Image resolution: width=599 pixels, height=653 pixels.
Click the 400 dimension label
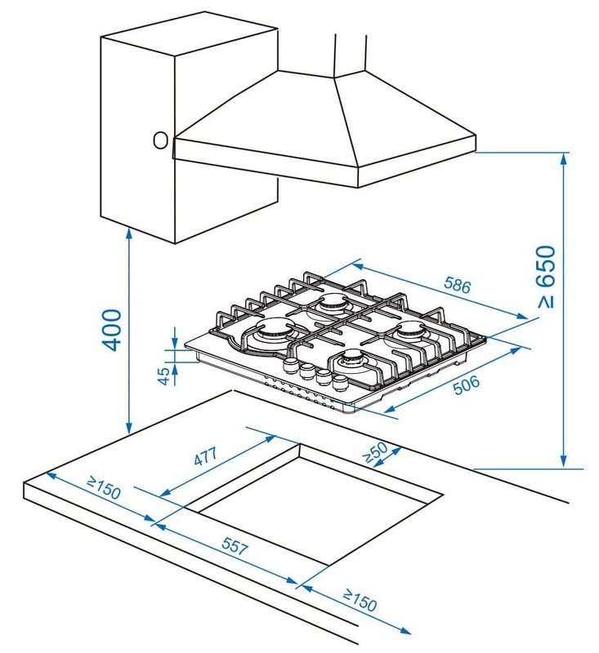pos(112,330)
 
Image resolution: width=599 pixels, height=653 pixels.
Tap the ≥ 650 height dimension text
pos(546,277)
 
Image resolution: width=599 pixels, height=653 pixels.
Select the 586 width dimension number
pos(458,285)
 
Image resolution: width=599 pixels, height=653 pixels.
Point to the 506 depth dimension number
pos(467,384)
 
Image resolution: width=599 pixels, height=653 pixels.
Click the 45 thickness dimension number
pos(164,375)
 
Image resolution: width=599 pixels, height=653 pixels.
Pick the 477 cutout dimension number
pos(206,456)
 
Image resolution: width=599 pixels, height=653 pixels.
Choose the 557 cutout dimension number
pos(235,545)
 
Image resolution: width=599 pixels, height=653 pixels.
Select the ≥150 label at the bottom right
pos(360,600)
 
